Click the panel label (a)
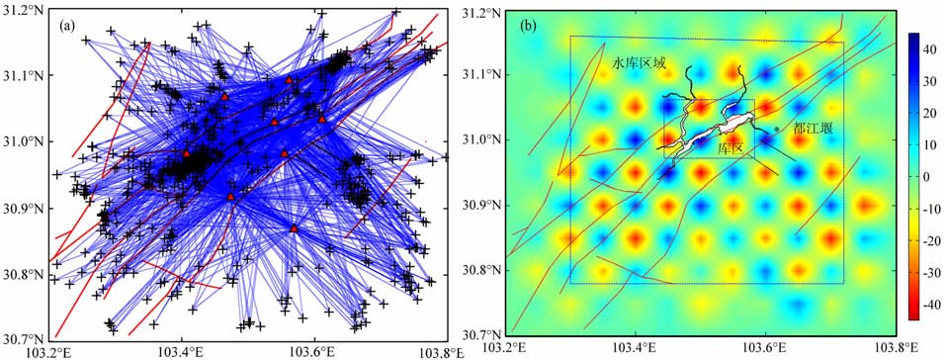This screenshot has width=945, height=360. point(67,25)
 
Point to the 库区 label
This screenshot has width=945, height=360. point(730,147)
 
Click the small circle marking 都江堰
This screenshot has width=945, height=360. point(776,129)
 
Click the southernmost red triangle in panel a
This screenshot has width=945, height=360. point(295,227)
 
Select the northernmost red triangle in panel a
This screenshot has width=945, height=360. point(290,79)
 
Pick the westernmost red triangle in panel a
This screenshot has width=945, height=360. point(187,153)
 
